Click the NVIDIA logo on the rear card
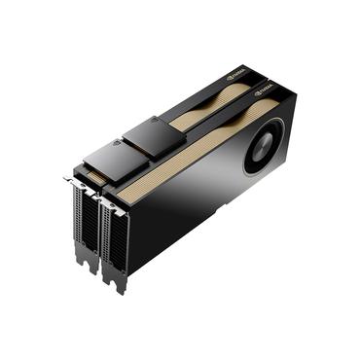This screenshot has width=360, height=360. [x=235, y=73]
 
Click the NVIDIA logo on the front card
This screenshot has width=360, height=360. [x=266, y=93]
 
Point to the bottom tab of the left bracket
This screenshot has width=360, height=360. [x=91, y=269]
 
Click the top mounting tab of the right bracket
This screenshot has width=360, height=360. [x=100, y=196]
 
